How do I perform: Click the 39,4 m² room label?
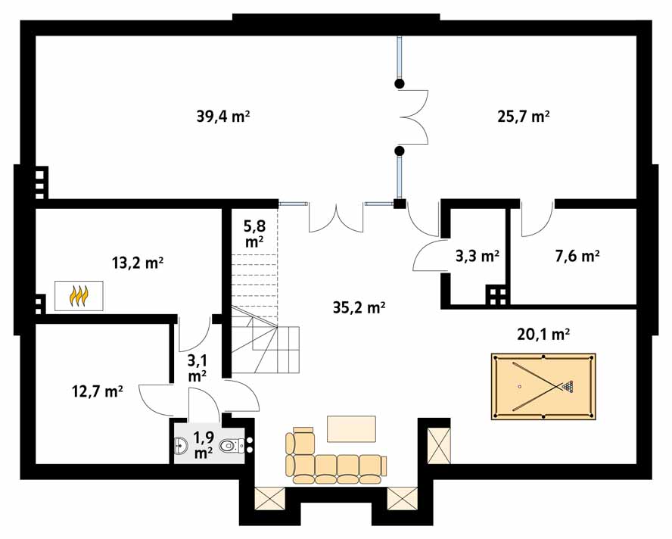[x=222, y=117]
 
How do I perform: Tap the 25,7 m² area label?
[x=524, y=117]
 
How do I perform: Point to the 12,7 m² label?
[x=98, y=391]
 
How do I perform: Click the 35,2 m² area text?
[x=359, y=307]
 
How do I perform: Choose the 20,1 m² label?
[x=543, y=334]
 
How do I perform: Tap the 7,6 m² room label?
[x=577, y=256]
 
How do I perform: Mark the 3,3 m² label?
[x=477, y=256]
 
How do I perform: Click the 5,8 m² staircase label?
[x=254, y=233]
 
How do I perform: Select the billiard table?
[x=543, y=386]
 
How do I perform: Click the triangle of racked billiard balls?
[x=568, y=386]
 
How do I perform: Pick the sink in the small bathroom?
[x=180, y=446]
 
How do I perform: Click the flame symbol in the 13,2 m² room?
[x=79, y=296]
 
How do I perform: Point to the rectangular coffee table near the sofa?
[x=351, y=428]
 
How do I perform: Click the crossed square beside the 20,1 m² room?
[x=439, y=446]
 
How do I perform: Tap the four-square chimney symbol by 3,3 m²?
[x=497, y=296]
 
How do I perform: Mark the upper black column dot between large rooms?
[x=400, y=83]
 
